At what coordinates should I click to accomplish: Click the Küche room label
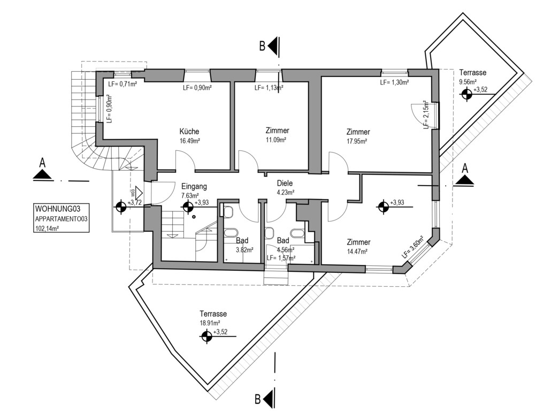point(189,132)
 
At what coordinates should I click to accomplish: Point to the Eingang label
point(194,186)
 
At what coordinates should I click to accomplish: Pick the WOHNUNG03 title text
point(57,209)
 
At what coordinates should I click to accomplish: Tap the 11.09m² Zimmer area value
point(277,140)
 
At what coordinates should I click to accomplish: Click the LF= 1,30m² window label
point(394,83)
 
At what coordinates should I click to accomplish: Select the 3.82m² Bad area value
point(244,249)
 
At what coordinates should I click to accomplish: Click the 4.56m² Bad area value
point(285,249)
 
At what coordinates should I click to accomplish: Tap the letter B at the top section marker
point(262,47)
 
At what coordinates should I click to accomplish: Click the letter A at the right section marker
point(465,167)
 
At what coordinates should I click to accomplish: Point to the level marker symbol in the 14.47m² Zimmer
point(383,207)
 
